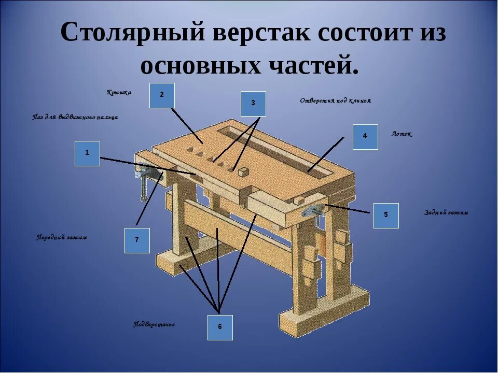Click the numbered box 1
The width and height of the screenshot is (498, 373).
(87, 153)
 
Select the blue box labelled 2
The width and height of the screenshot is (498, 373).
(162, 95)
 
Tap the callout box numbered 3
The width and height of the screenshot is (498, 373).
(253, 104)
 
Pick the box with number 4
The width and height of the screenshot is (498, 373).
(365, 137)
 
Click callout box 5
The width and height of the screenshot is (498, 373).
(386, 216)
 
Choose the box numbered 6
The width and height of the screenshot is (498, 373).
(220, 327)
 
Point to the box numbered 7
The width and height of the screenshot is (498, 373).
(137, 240)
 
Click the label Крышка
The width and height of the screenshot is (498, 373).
(119, 93)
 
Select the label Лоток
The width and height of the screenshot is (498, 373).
(402, 134)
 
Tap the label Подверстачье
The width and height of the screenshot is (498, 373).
(154, 325)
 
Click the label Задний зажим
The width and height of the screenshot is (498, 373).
(446, 213)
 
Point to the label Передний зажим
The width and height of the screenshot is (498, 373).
(62, 238)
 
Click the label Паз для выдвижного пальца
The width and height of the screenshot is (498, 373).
(75, 118)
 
